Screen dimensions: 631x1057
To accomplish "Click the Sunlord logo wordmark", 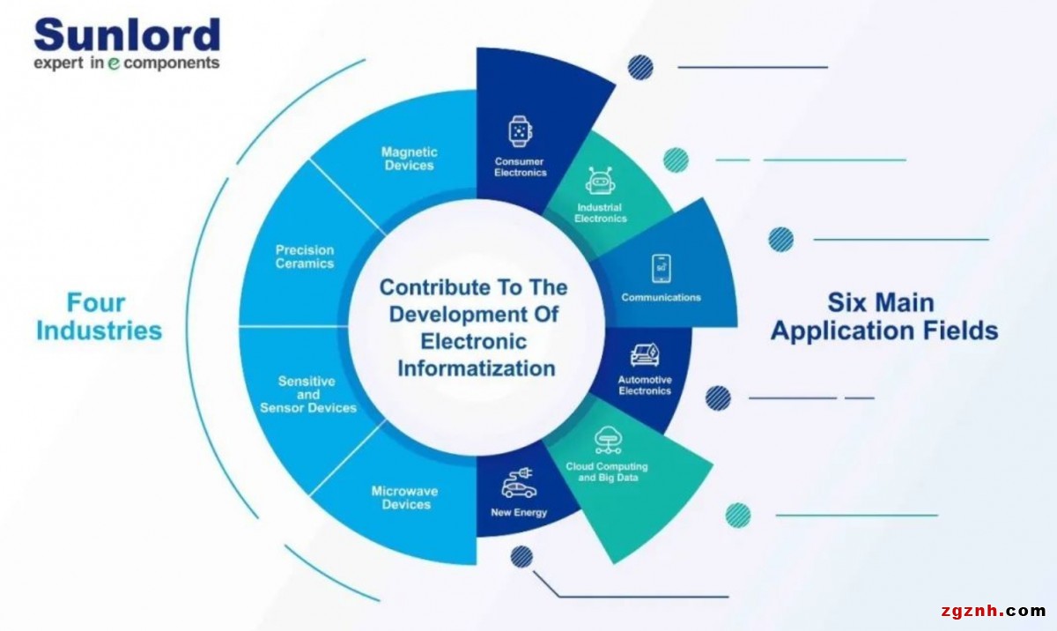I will tap(127, 35).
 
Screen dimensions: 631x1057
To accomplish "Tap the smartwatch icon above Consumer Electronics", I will tap(520, 131).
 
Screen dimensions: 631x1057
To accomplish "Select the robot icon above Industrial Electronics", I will tap(600, 182).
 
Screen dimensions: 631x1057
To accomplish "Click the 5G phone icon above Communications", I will tap(661, 268).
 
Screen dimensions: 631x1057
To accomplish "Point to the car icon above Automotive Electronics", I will tap(645, 355).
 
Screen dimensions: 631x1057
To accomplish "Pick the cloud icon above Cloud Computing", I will tap(607, 439).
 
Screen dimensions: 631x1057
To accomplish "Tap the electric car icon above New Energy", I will tap(519, 484).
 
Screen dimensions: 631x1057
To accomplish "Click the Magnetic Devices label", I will tap(409, 159).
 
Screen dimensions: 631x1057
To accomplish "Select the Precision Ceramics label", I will tap(305, 257).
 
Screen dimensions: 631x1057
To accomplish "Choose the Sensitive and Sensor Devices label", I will tap(307, 395).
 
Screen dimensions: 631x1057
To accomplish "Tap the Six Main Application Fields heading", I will tap(883, 316).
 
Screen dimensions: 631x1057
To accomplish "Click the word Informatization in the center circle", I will tap(476, 367).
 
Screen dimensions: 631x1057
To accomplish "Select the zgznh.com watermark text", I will tap(992, 611).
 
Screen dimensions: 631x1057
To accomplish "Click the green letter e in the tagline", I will tap(114, 64).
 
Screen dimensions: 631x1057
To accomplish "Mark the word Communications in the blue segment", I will tap(661, 298).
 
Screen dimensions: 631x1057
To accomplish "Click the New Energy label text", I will tap(519, 513).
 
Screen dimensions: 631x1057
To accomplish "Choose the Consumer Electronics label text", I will tap(520, 167).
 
